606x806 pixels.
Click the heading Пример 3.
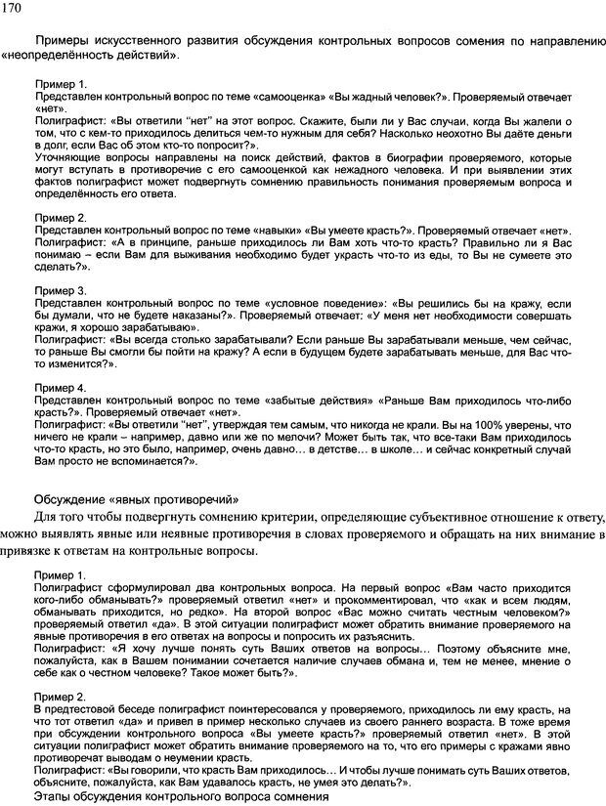click(x=60, y=290)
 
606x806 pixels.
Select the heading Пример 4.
click(x=60, y=387)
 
